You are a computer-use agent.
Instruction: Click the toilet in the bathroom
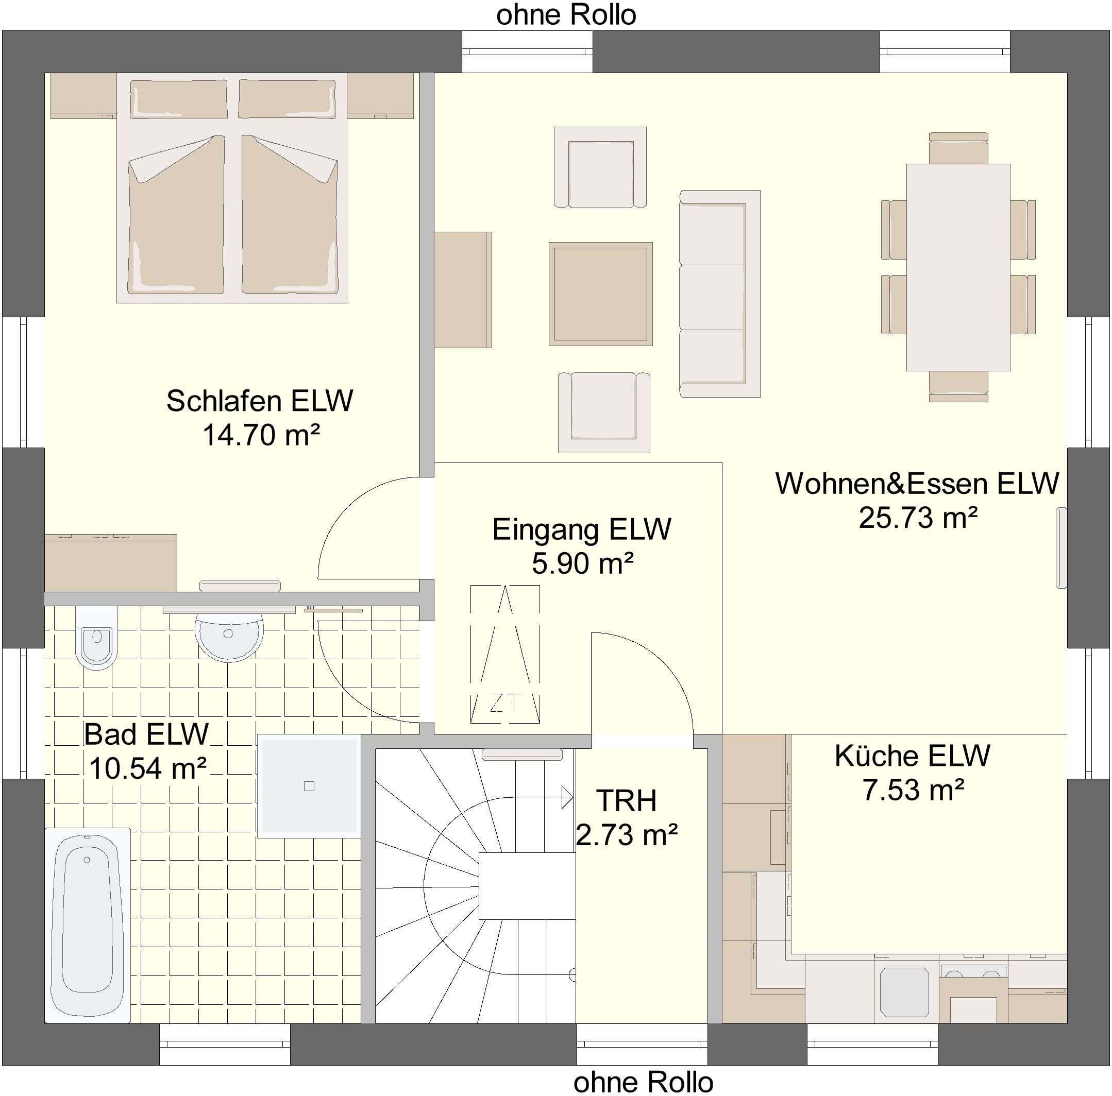pyautogui.click(x=97, y=638)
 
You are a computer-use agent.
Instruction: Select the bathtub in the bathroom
pyautogui.click(x=88, y=925)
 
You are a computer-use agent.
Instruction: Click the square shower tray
pyautogui.click(x=309, y=786)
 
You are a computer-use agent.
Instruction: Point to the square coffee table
pyautogui.click(x=600, y=294)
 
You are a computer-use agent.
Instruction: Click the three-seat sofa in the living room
pyautogui.click(x=719, y=294)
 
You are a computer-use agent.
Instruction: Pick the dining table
pyautogui.click(x=958, y=267)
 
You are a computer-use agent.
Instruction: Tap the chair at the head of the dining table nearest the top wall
pyautogui.click(x=958, y=148)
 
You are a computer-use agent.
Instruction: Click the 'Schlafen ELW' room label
pyautogui.click(x=260, y=401)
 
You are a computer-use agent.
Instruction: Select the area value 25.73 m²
pyautogui.click(x=918, y=517)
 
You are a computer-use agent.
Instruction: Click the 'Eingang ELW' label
pyautogui.click(x=581, y=529)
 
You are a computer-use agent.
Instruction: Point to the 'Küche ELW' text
pyautogui.click(x=912, y=756)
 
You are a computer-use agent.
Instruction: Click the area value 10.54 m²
pyautogui.click(x=147, y=767)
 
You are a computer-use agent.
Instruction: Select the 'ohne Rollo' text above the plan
pyautogui.click(x=566, y=15)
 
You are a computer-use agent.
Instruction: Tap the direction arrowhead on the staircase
pyautogui.click(x=567, y=798)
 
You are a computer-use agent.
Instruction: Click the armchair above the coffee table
pyautogui.click(x=600, y=167)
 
